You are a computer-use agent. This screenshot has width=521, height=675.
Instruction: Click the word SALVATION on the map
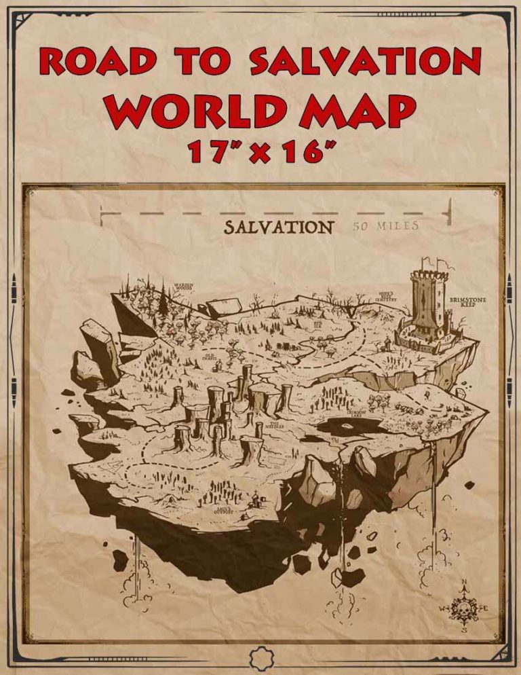(278, 227)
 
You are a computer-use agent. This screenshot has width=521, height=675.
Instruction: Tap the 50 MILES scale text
(385, 226)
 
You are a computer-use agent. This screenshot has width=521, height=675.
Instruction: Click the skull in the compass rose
(463, 607)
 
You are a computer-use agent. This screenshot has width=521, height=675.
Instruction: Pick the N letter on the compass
(463, 582)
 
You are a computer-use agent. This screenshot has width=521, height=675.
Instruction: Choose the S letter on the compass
(464, 630)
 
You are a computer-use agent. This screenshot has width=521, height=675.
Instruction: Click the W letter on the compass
(442, 607)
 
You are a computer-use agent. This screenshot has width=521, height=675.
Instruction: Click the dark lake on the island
(350, 426)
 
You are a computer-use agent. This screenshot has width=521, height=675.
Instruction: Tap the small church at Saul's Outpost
(254, 501)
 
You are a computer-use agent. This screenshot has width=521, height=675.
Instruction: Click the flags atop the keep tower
(431, 261)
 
